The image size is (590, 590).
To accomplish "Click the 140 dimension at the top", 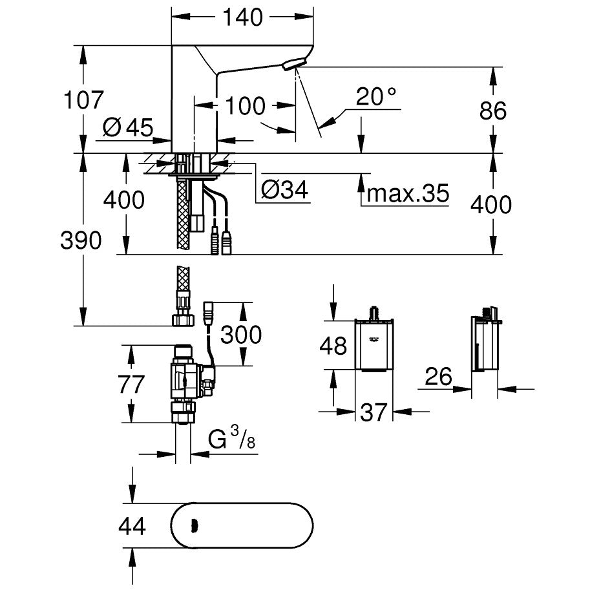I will click(x=244, y=17).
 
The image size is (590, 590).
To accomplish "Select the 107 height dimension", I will click(x=83, y=100).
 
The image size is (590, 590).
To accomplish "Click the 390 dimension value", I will click(x=81, y=240).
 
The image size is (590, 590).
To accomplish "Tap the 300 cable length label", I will click(x=240, y=334).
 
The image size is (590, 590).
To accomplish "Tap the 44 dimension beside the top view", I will click(x=132, y=526).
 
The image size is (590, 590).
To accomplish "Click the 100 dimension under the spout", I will click(x=246, y=105).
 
